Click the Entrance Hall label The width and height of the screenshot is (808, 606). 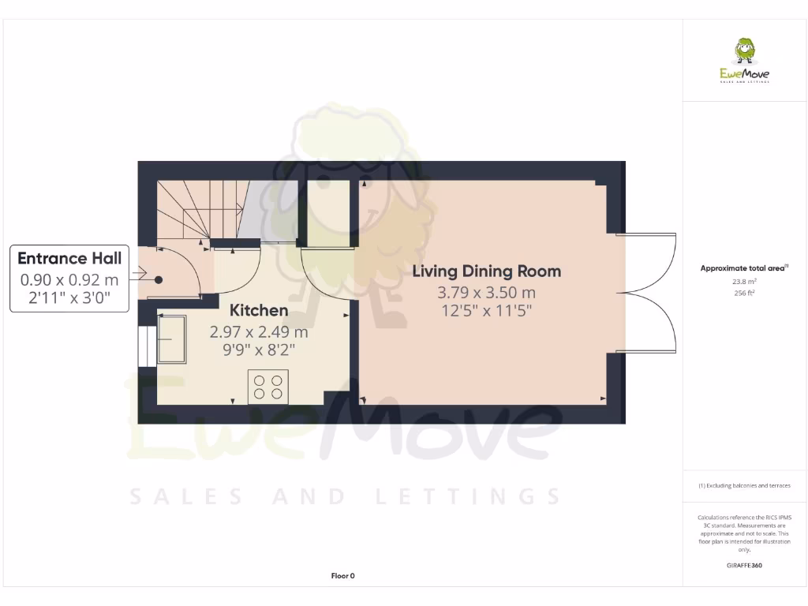pyautogui.click(x=69, y=259)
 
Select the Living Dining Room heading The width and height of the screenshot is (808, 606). pyautogui.click(x=487, y=271)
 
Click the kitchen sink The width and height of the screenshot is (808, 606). pyautogui.click(x=171, y=339)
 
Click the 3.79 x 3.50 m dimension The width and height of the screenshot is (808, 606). pyautogui.click(x=488, y=292)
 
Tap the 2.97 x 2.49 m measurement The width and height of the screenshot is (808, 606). pyautogui.click(x=259, y=332)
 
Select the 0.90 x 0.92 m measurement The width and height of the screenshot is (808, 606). pyautogui.click(x=69, y=279)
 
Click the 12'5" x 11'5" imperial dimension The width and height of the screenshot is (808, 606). pyautogui.click(x=488, y=311)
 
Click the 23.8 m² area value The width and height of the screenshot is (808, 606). pyautogui.click(x=744, y=281)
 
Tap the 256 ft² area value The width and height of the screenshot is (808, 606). pyautogui.click(x=744, y=293)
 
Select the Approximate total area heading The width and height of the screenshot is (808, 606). pyautogui.click(x=743, y=268)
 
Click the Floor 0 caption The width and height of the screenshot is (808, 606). pyautogui.click(x=342, y=576)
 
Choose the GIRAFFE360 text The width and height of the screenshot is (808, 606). pyautogui.click(x=744, y=565)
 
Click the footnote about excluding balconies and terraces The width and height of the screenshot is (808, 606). pyautogui.click(x=744, y=485)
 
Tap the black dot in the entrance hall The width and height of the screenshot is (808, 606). pyautogui.click(x=159, y=279)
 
